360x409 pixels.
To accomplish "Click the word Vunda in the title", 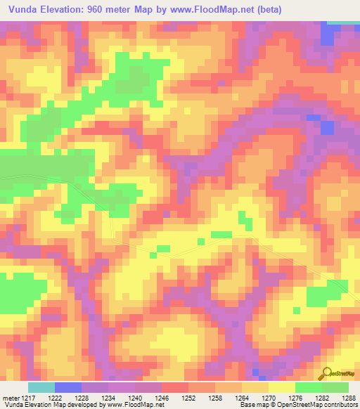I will pyautogui.click(x=26, y=9).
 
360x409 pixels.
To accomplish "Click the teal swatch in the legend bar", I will pyautogui.click(x=41, y=387).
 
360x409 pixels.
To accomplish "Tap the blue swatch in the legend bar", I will pyautogui.click(x=68, y=387).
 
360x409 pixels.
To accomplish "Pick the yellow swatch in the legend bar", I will pyautogui.click(x=282, y=387).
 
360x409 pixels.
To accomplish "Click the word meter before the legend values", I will pyautogui.click(x=11, y=397).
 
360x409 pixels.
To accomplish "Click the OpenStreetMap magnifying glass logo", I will pyautogui.click(x=327, y=374).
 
